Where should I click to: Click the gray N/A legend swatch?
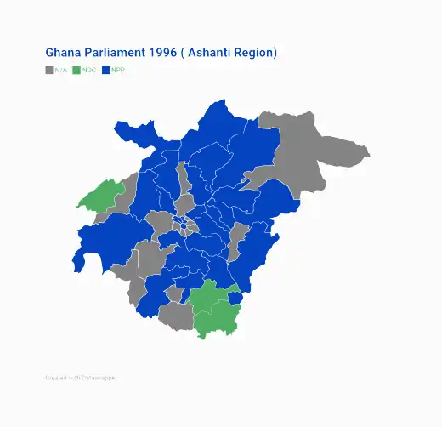49,70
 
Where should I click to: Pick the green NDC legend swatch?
76,70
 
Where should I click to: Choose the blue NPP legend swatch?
105,70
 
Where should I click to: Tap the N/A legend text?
60,70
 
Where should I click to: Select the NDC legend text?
89,70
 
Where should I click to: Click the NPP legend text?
117,70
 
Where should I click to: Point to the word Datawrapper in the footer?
99,377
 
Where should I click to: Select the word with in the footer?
76,377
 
